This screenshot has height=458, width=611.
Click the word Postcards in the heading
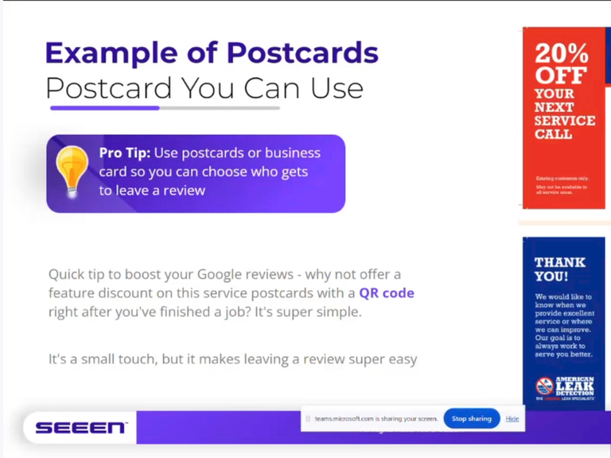302,52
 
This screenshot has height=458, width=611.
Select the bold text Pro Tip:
124,153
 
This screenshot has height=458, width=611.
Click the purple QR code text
387,293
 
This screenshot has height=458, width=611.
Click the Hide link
512,418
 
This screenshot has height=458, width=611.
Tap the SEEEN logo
80,428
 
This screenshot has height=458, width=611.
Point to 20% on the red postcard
562,53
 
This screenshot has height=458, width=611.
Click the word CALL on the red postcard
553,134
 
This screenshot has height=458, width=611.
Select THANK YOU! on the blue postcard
559,269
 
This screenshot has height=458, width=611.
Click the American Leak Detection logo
565,387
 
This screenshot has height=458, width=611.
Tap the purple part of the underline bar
104,107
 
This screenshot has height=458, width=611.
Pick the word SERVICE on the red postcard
565,121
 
